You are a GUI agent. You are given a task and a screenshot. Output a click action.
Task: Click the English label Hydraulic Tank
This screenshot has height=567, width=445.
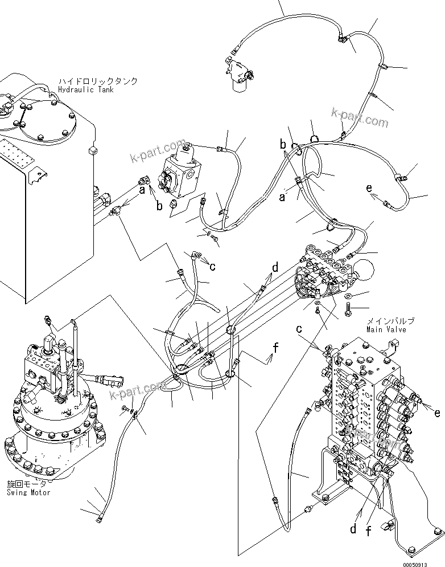click(x=86, y=89)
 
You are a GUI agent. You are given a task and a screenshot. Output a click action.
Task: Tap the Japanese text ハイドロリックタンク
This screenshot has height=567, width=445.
click(x=97, y=81)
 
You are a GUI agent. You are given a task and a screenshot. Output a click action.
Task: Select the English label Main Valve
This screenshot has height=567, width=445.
click(x=390, y=329)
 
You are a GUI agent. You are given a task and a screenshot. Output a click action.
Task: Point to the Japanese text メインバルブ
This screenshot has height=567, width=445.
click(x=390, y=321)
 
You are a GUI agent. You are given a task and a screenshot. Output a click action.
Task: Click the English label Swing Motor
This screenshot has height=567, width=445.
click(x=28, y=492)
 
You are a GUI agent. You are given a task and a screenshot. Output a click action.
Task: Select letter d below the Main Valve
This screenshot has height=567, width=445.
click(x=353, y=529)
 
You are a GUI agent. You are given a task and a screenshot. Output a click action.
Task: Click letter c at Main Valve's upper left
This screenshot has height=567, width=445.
click(x=298, y=329)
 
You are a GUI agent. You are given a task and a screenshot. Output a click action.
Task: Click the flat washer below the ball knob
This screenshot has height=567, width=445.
click(x=348, y=296)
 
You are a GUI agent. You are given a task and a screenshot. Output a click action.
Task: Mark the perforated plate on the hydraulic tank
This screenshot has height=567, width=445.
click(x=14, y=151)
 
